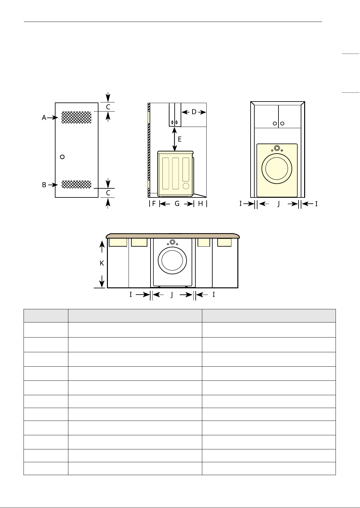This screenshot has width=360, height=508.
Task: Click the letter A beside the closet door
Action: coord(44,118)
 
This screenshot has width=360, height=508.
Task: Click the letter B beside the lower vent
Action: coord(44,185)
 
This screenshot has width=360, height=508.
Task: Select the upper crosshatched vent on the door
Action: coord(77,117)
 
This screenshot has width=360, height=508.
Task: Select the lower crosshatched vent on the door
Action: coord(77,184)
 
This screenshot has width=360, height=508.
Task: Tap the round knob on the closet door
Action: coord(62,157)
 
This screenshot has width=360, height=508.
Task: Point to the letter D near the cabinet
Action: coord(194,112)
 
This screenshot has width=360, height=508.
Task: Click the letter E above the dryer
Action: coord(180,139)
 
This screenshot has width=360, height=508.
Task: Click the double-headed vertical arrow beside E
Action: coord(174,139)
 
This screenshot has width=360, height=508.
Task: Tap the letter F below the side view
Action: coord(154,203)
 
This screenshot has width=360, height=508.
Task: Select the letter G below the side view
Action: coord(177,203)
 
